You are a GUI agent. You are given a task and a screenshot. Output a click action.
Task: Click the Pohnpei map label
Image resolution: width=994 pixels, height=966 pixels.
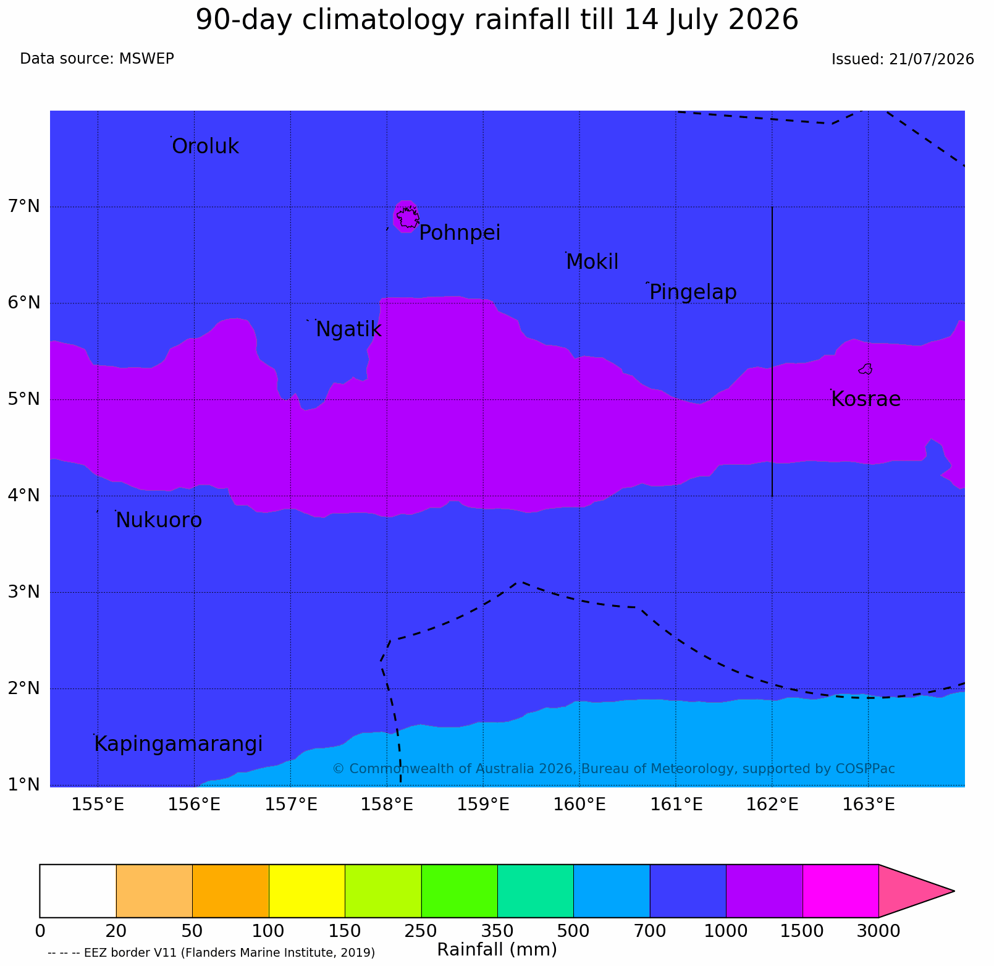[x=460, y=233]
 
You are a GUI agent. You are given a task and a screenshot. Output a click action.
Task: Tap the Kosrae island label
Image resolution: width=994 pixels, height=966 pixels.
[x=866, y=399]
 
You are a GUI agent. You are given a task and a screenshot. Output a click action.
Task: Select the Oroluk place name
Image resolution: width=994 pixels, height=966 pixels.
[x=205, y=146]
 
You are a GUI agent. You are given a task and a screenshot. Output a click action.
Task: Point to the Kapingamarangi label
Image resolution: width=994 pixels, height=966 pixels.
[x=179, y=744]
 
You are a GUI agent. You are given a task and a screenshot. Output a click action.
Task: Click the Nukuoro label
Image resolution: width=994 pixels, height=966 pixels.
[x=159, y=520]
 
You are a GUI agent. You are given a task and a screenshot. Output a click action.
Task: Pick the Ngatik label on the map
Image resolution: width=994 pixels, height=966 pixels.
[x=348, y=329]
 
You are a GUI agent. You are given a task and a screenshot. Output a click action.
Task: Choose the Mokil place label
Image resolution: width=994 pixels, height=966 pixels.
[x=592, y=262]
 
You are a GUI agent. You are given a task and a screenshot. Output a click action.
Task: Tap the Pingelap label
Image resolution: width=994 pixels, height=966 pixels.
[x=693, y=292]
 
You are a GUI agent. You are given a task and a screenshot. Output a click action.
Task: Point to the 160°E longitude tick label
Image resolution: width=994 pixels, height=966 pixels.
[x=580, y=805]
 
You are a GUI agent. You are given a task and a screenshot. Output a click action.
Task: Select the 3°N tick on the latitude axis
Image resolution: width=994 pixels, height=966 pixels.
[x=24, y=591]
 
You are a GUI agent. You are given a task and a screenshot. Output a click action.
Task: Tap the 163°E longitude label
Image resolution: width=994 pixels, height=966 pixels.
[x=869, y=805]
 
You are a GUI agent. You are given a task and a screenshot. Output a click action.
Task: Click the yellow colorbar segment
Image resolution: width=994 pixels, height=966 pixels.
[x=307, y=891]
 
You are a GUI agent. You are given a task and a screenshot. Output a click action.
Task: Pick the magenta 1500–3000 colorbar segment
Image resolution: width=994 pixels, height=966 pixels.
[x=840, y=891]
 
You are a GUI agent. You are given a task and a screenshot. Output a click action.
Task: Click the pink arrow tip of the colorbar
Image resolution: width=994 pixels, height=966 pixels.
[x=954, y=891]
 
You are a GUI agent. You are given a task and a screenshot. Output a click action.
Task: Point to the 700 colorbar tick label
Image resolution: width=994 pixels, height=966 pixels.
[x=650, y=931]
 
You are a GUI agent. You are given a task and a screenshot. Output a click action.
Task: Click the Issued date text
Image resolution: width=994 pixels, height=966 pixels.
[x=903, y=59]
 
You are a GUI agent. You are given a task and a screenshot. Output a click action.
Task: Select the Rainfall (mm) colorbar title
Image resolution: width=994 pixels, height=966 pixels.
[x=497, y=949]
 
